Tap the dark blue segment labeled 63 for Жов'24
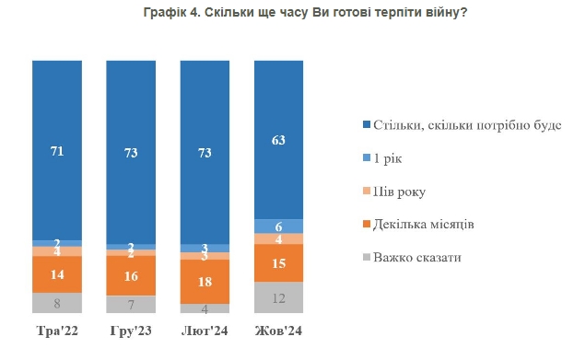click(278, 140)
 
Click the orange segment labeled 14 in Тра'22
click(57, 274)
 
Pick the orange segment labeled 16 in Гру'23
click(131, 276)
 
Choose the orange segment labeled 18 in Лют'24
click(205, 282)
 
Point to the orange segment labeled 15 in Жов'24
click(278, 263)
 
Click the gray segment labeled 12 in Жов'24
click(278, 297)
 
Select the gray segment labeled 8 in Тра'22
click(57, 303)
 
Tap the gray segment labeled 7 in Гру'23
click(131, 305)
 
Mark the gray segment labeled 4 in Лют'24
click(205, 308)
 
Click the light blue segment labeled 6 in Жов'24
click(278, 226)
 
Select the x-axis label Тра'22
click(57, 330)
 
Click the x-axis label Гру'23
click(131, 330)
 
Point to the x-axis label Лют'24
click(205, 330)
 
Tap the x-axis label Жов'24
click(278, 330)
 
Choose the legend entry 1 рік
click(388, 157)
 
